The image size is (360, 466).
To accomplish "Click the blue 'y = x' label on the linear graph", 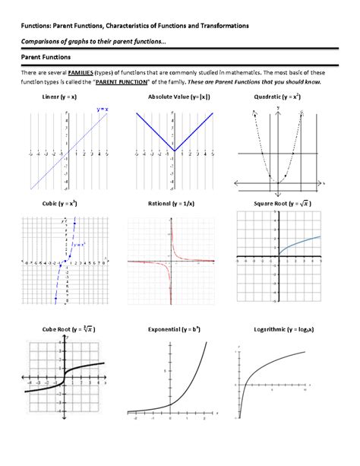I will coord(101,111).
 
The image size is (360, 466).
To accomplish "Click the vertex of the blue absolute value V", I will coord(174,150).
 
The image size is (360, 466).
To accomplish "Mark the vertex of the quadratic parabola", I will coord(278,182).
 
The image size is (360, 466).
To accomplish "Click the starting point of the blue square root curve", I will coord(277,258).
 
